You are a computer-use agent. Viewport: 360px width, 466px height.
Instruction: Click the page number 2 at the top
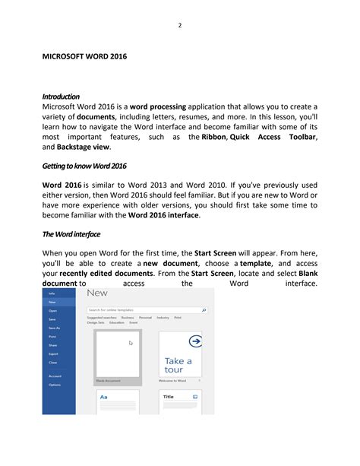180,25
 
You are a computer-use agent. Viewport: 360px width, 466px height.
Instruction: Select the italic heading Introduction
61,97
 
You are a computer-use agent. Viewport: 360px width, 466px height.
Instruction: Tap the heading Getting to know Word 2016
84,166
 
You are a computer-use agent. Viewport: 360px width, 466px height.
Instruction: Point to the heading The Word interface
71,234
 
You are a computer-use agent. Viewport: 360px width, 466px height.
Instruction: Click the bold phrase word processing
159,107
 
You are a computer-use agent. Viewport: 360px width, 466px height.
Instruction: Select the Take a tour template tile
181,353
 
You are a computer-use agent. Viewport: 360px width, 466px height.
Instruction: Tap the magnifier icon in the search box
204,310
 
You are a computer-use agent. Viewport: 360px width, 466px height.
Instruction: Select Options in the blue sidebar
55,385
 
